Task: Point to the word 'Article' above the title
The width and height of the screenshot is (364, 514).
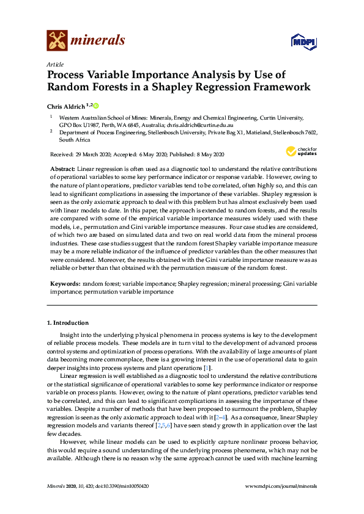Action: click(x=54, y=64)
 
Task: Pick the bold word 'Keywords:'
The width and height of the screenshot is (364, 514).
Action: click(x=65, y=284)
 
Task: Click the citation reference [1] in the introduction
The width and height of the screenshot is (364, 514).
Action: click(x=207, y=368)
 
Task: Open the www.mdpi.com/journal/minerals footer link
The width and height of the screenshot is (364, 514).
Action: click(x=280, y=486)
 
